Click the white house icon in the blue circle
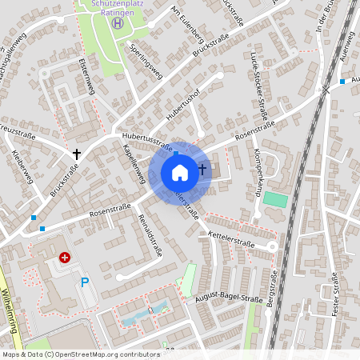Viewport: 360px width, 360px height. point(180,172)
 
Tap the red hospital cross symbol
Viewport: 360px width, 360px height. point(64,258)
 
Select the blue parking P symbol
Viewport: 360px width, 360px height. point(85,282)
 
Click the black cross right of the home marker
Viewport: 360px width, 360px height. point(202,169)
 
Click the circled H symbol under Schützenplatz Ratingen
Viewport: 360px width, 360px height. point(118,22)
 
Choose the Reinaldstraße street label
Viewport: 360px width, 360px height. point(150,234)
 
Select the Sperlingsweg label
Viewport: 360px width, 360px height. point(145,62)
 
